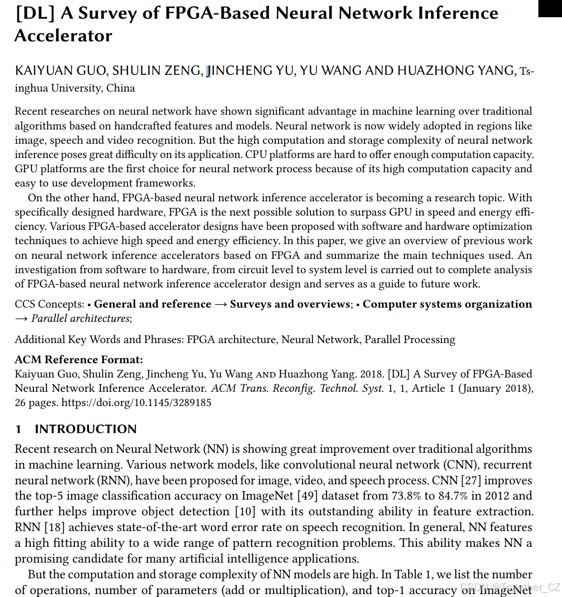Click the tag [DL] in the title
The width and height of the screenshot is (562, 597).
click(x=34, y=13)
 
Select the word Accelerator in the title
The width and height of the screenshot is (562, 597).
click(x=63, y=36)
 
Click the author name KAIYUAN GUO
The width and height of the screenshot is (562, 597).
click(x=61, y=71)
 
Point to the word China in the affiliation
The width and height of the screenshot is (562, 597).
click(x=121, y=88)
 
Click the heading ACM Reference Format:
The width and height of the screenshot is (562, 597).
click(x=79, y=360)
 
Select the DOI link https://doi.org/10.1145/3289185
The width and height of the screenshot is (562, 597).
click(x=136, y=403)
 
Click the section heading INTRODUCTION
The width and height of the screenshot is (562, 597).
click(x=86, y=429)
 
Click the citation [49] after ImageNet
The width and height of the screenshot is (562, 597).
click(x=308, y=496)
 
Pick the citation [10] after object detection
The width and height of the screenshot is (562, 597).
click(x=245, y=512)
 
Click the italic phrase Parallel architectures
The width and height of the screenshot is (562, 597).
click(x=80, y=318)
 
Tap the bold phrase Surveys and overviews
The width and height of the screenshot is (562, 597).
click(x=290, y=304)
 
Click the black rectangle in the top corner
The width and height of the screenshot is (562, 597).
click(x=550, y=8)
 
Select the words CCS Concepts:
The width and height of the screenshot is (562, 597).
click(x=49, y=304)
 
